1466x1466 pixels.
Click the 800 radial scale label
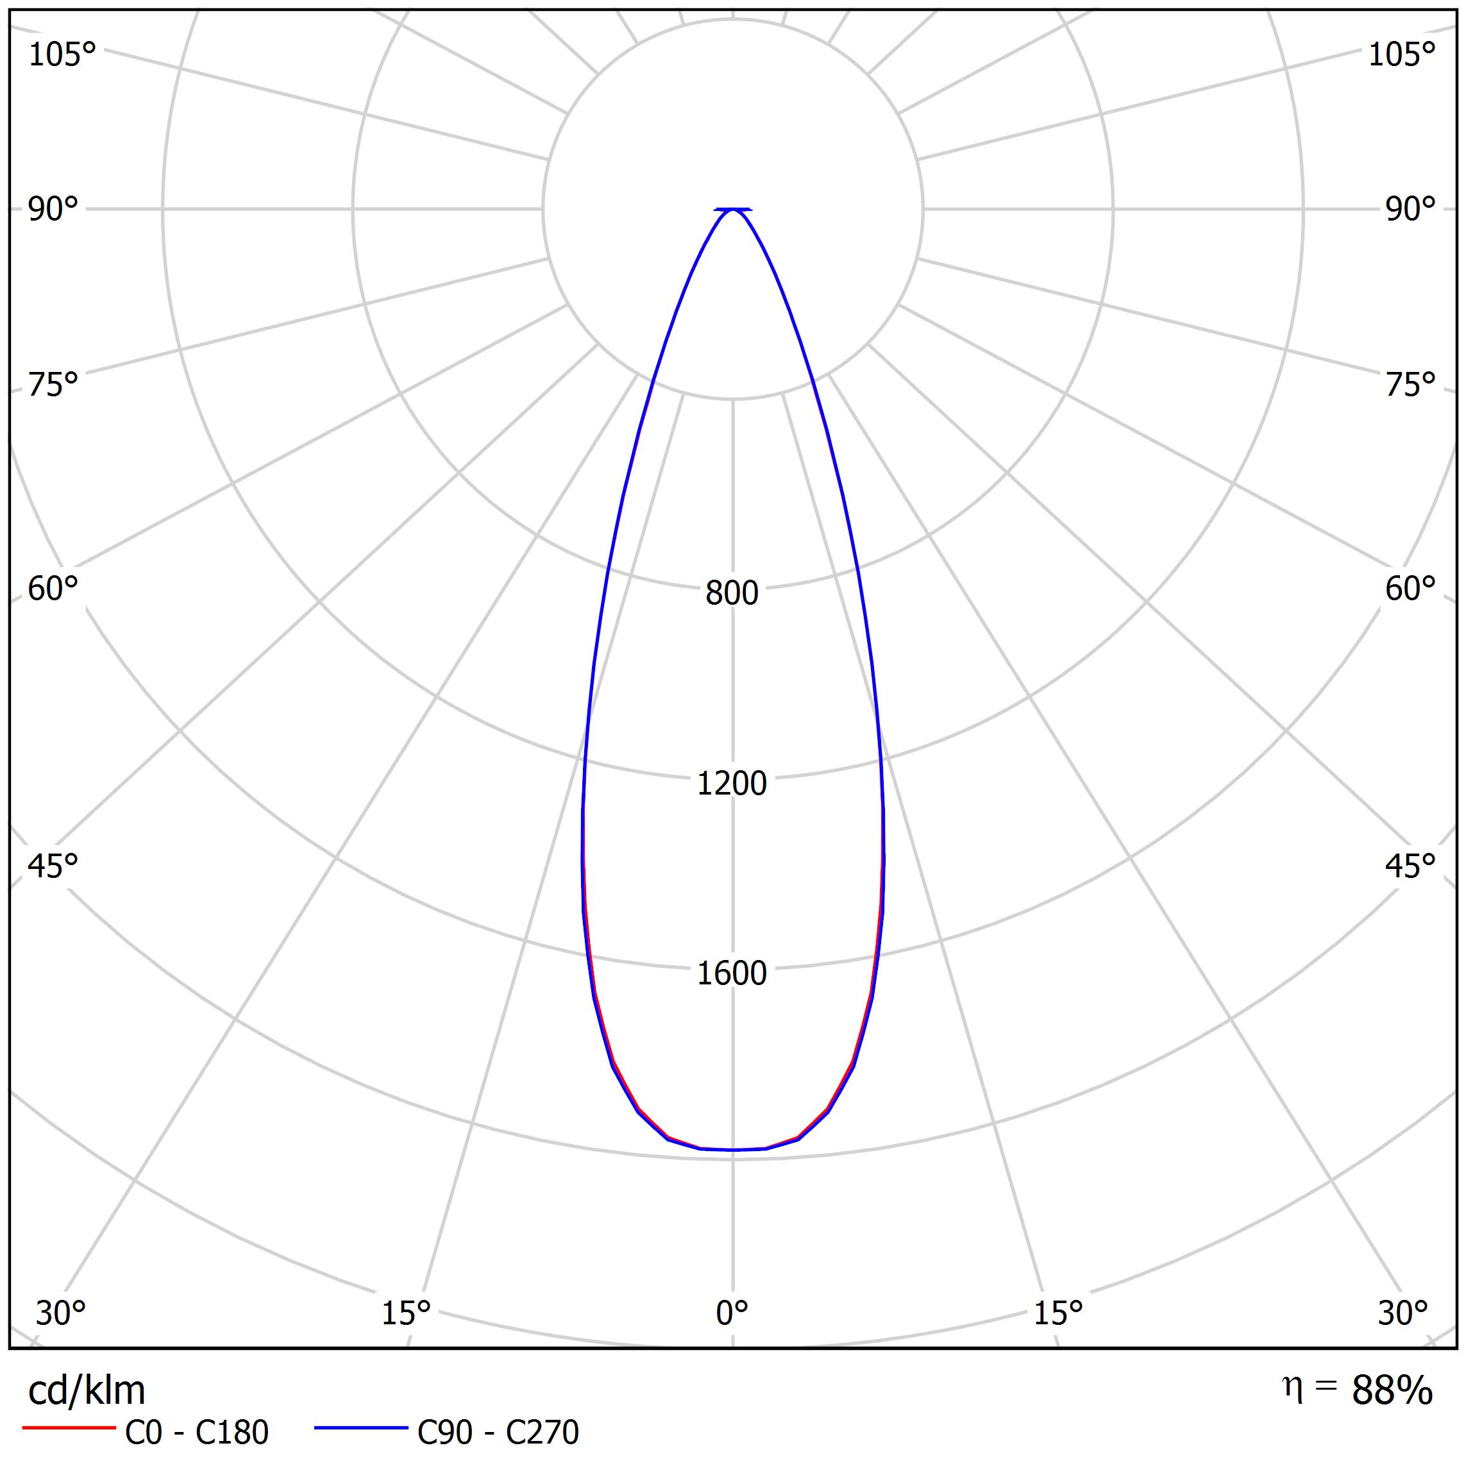tap(732, 593)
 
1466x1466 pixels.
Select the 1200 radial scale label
tap(732, 783)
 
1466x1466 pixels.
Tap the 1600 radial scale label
tap(732, 973)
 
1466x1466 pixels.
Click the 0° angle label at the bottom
tap(732, 1313)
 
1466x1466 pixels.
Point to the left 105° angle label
tap(62, 55)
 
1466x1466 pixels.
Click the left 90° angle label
tap(53, 210)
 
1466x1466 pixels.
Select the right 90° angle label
tap(1410, 210)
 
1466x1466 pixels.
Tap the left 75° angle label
tap(53, 385)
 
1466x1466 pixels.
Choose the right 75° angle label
tap(1410, 385)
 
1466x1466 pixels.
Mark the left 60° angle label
tap(53, 589)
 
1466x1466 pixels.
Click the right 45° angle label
tap(1410, 866)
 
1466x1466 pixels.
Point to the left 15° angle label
tap(406, 1313)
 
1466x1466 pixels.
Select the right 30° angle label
tap(1403, 1313)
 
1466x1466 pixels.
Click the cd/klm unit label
tap(87, 1390)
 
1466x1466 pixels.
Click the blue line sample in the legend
tap(361, 1428)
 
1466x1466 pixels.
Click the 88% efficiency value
tap(1392, 1390)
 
